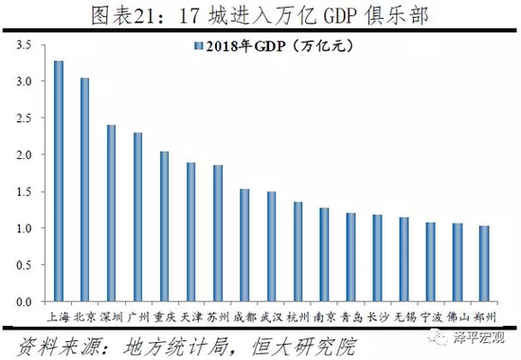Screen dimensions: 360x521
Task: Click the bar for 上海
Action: click(x=58, y=181)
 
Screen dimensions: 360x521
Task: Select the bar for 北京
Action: click(x=84, y=189)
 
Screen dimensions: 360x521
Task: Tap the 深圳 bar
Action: click(x=111, y=213)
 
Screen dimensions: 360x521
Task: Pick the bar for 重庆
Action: click(x=165, y=226)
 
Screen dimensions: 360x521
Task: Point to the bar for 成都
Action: click(x=244, y=245)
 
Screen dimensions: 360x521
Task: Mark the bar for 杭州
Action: click(x=297, y=251)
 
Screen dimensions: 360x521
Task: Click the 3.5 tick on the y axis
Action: click(x=24, y=45)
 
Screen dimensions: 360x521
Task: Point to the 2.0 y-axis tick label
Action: click(x=24, y=154)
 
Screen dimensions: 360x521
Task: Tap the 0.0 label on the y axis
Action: click(x=24, y=301)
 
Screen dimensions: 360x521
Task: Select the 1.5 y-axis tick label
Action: click(x=24, y=191)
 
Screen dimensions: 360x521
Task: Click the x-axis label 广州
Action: click(x=138, y=314)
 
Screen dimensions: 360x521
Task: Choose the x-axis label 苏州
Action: click(x=218, y=314)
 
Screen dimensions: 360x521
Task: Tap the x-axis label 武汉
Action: click(x=271, y=314)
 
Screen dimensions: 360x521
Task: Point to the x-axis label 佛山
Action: click(x=457, y=314)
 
